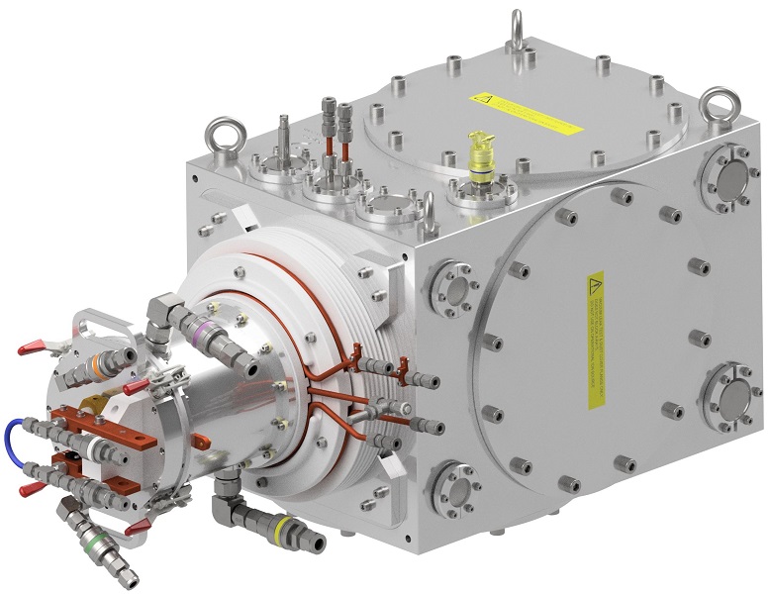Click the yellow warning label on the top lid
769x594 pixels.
coord(524,113)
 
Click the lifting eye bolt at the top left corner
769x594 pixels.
coord(223,130)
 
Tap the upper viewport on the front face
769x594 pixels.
coord(456,289)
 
